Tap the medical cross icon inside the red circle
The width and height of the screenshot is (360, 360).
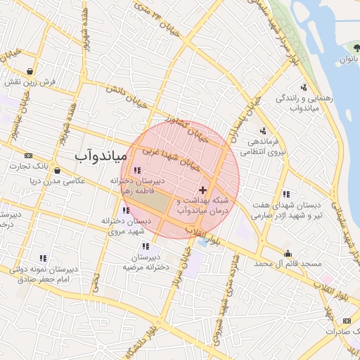pyautogui.click(x=203, y=190)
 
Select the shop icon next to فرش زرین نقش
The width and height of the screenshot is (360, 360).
pyautogui.click(x=30, y=71)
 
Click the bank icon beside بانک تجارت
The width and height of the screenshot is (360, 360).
pyautogui.click(x=28, y=155)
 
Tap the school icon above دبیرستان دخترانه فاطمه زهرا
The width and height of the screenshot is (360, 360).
pyautogui.click(x=136, y=170)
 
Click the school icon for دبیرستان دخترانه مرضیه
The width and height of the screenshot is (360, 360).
pyautogui.click(x=146, y=246)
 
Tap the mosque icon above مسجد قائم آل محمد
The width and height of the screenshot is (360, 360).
pyautogui.click(x=288, y=253)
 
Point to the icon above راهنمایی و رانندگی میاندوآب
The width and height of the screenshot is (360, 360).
pyautogui.click(x=304, y=87)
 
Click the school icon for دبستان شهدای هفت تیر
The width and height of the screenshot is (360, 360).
pyautogui.click(x=285, y=194)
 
